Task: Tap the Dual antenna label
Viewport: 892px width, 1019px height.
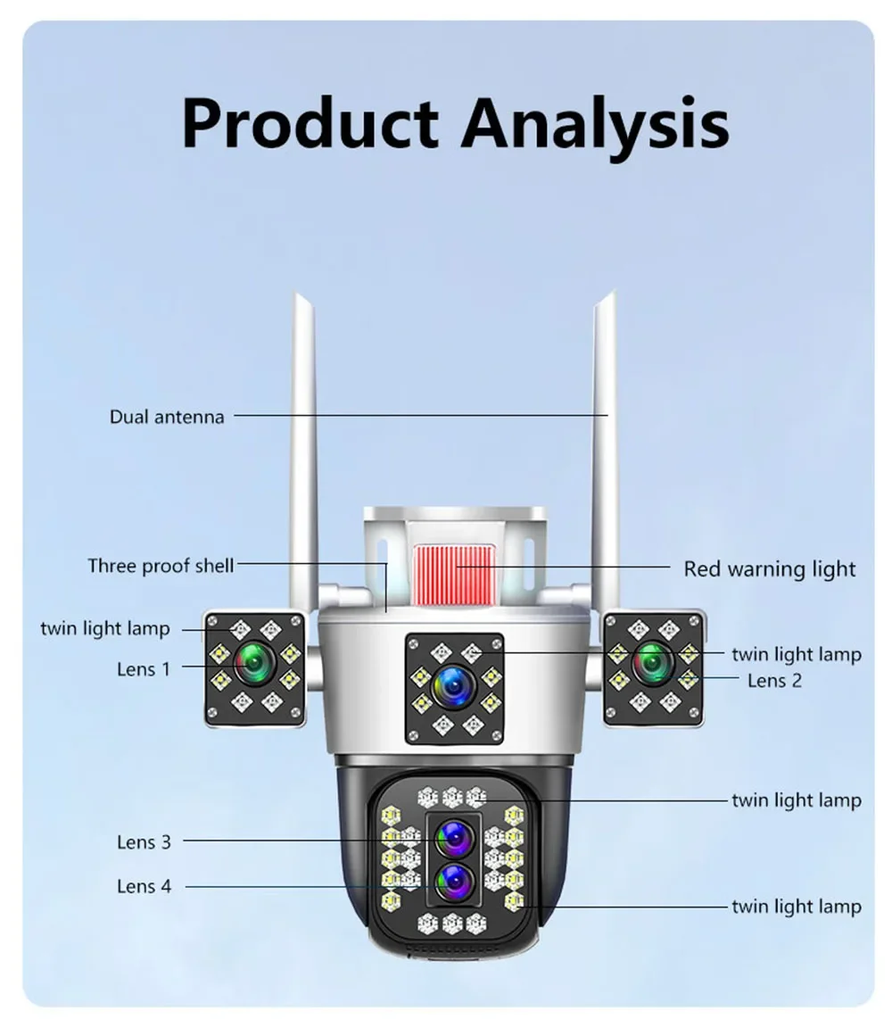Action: pyautogui.click(x=167, y=417)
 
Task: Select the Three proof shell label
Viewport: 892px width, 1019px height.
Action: pyautogui.click(x=161, y=565)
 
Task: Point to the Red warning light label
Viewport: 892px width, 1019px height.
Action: pyautogui.click(x=769, y=569)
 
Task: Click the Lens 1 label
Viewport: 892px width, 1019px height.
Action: pyautogui.click(x=143, y=668)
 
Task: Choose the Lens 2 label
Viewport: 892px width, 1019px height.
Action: pyautogui.click(x=774, y=681)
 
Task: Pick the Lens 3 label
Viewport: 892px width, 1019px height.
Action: pyautogui.click(x=144, y=841)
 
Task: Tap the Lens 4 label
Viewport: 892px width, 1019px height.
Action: pyautogui.click(x=144, y=886)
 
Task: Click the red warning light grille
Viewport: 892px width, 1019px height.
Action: pyautogui.click(x=452, y=569)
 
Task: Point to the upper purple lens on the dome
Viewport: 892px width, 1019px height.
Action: pyautogui.click(x=453, y=840)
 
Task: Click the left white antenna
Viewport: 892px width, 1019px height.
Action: pyautogui.click(x=303, y=446)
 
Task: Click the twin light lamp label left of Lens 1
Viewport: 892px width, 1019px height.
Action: pyautogui.click(x=104, y=628)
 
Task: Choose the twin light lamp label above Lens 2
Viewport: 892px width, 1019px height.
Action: pyautogui.click(x=796, y=654)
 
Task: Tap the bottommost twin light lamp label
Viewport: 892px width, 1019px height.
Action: pyautogui.click(x=796, y=907)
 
